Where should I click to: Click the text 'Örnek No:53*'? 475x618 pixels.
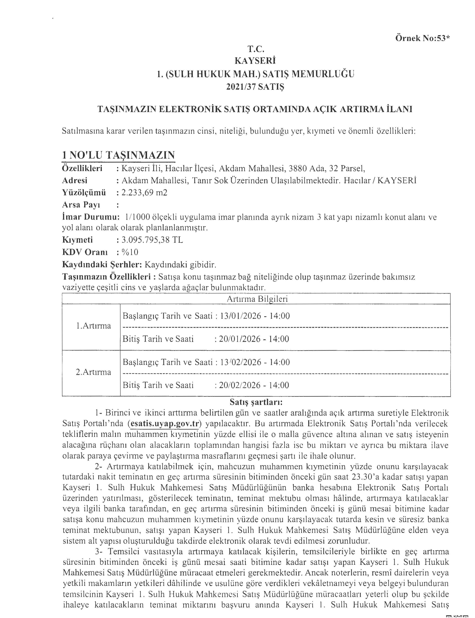pos(422,38)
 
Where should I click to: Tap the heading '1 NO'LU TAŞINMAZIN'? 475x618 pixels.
pos(118,155)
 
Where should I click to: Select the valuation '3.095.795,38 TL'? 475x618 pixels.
pos(152,240)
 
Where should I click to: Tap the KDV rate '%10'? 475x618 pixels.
pos(130,252)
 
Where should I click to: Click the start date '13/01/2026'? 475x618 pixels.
pos(241,316)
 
